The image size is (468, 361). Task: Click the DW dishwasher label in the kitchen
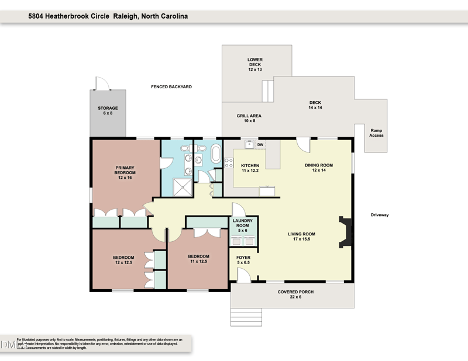click(260, 145)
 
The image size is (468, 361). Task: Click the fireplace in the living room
click(346, 232)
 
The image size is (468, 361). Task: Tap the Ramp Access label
click(376, 133)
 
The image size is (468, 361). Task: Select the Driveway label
click(380, 215)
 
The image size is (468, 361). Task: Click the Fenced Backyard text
click(171, 86)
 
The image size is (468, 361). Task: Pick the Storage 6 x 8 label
click(108, 110)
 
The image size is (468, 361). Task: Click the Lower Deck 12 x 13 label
click(255, 63)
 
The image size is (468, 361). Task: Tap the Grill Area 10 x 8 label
click(249, 118)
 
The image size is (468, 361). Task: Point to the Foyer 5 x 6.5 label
click(243, 260)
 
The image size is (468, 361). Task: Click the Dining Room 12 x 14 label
click(318, 168)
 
